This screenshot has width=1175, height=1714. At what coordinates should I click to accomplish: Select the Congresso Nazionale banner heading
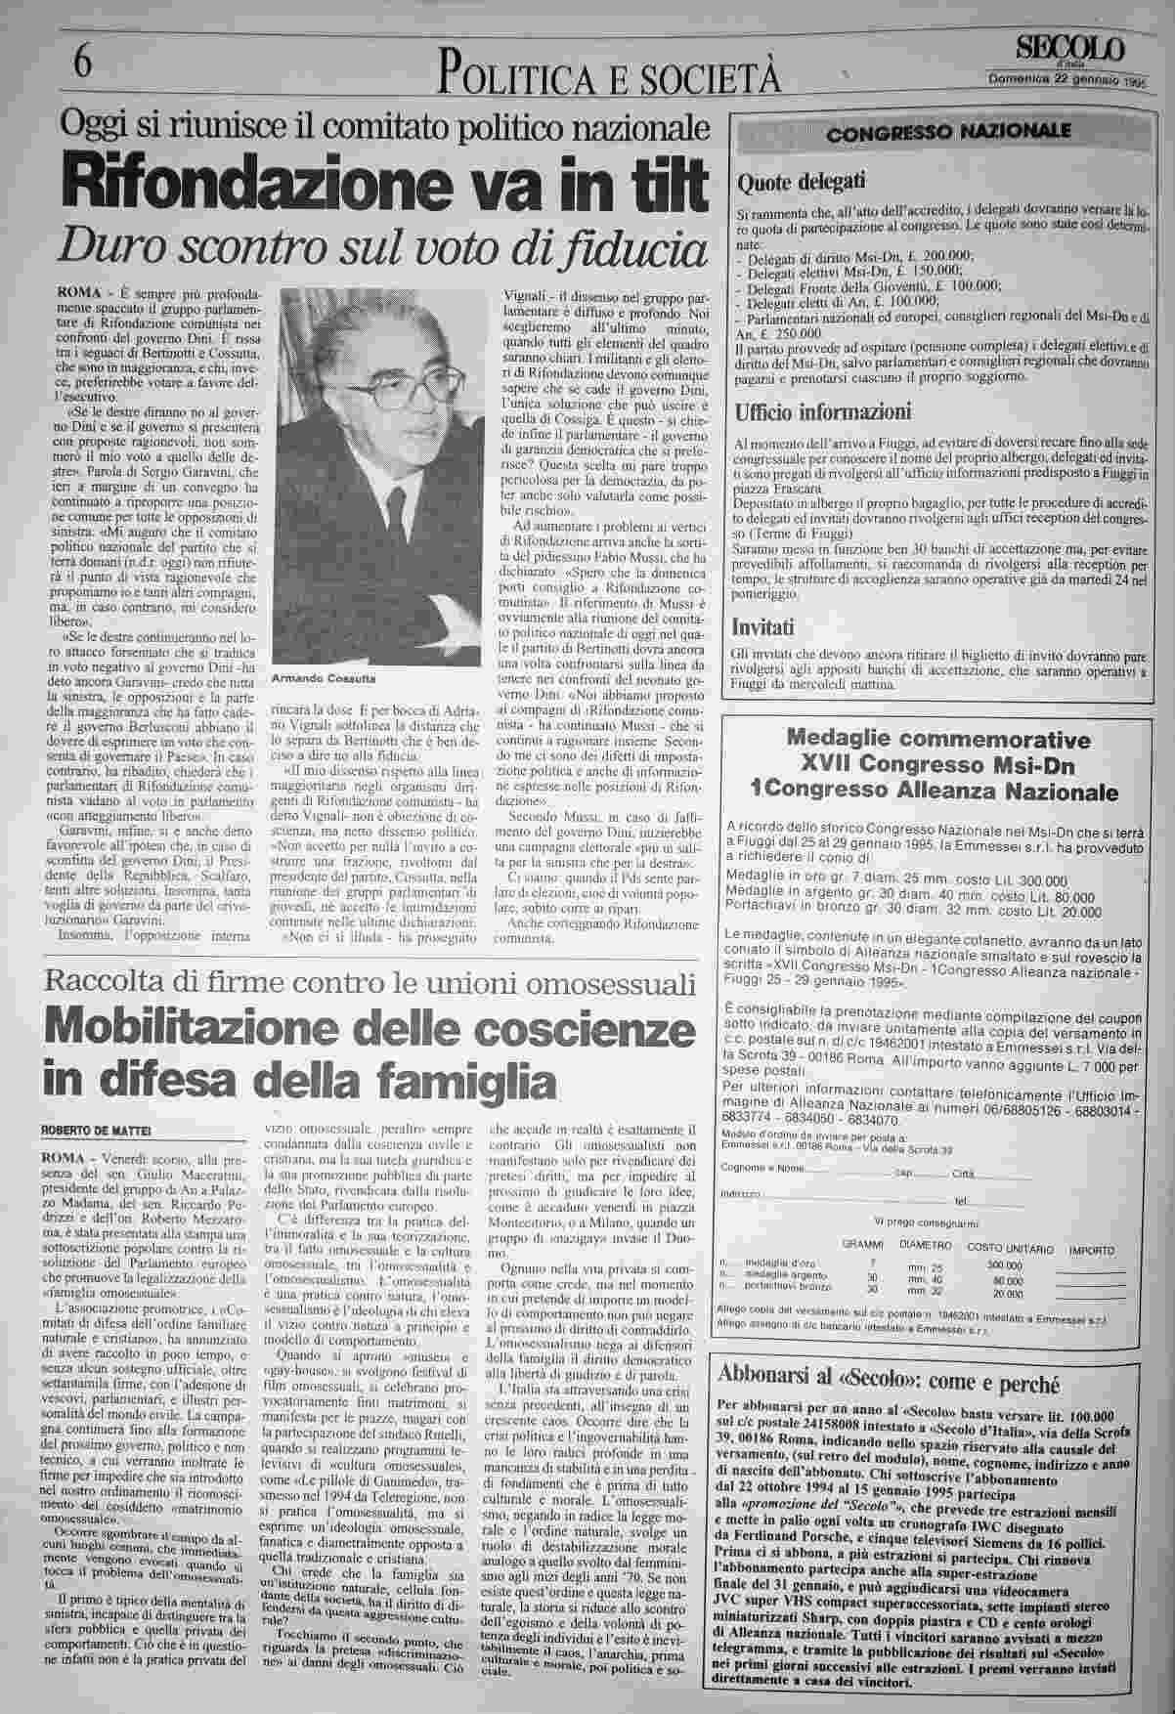click(948, 133)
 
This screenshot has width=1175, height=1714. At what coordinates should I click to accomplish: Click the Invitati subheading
click(763, 625)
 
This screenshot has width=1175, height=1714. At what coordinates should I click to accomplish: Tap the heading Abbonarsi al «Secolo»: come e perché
click(889, 1384)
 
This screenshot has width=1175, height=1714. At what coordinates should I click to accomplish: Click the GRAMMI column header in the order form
click(862, 1248)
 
